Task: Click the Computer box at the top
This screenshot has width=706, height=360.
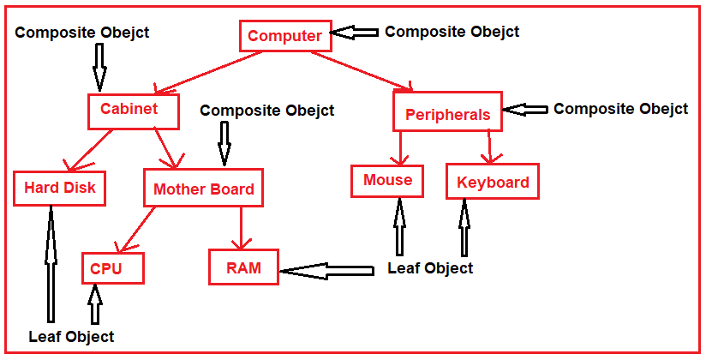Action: [x=284, y=36]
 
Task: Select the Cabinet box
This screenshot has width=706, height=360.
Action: [x=134, y=110]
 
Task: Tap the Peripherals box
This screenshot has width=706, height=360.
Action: [x=447, y=112]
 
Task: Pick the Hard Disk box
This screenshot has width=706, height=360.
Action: [x=59, y=188]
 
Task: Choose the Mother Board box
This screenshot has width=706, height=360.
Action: [x=203, y=189]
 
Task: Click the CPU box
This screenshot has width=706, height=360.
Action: [x=112, y=268]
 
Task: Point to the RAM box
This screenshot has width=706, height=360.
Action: [x=243, y=267]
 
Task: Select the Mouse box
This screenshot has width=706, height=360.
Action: [x=387, y=180]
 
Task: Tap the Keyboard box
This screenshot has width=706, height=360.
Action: [x=492, y=182]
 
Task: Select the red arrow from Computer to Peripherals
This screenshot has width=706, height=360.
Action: [x=360, y=69]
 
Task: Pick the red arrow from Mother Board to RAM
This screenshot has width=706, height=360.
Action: [x=242, y=228]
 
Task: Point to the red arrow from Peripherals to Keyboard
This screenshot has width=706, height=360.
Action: [x=489, y=147]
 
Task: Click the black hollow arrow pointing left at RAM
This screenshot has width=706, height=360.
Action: [x=327, y=271]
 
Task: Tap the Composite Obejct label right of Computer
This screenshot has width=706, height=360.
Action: [x=452, y=32]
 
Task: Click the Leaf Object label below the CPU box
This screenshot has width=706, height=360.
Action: [x=71, y=337]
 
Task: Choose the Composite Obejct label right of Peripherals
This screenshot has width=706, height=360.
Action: [x=620, y=109]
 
